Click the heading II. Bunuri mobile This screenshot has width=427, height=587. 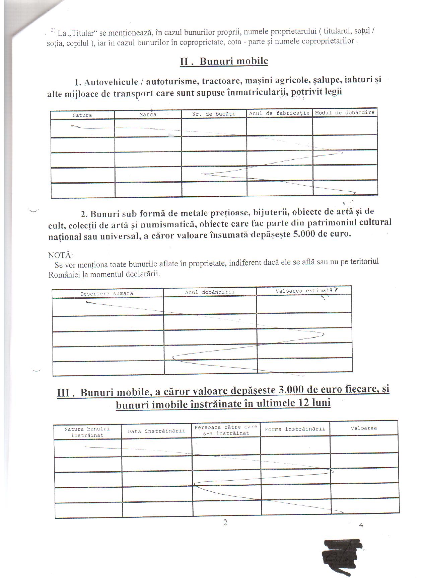point(224,61)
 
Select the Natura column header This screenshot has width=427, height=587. point(82,115)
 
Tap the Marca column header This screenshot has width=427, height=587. point(148,114)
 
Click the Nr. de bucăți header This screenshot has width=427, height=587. point(214,114)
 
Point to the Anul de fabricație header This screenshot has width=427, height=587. point(279,113)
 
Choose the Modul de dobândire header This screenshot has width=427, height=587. point(345,112)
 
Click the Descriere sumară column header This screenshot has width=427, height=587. point(107,293)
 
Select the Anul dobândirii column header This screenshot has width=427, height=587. point(210,292)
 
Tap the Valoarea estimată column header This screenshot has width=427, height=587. point(304,291)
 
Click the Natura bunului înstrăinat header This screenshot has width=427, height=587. point(87,432)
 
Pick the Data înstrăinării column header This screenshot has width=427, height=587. point(156,431)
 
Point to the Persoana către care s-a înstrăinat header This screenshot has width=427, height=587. point(226,430)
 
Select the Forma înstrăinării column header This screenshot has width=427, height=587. point(295,429)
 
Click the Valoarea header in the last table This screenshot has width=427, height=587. point(364,428)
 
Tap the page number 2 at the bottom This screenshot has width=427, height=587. point(225,522)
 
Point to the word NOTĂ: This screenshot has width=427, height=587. point(60,255)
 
